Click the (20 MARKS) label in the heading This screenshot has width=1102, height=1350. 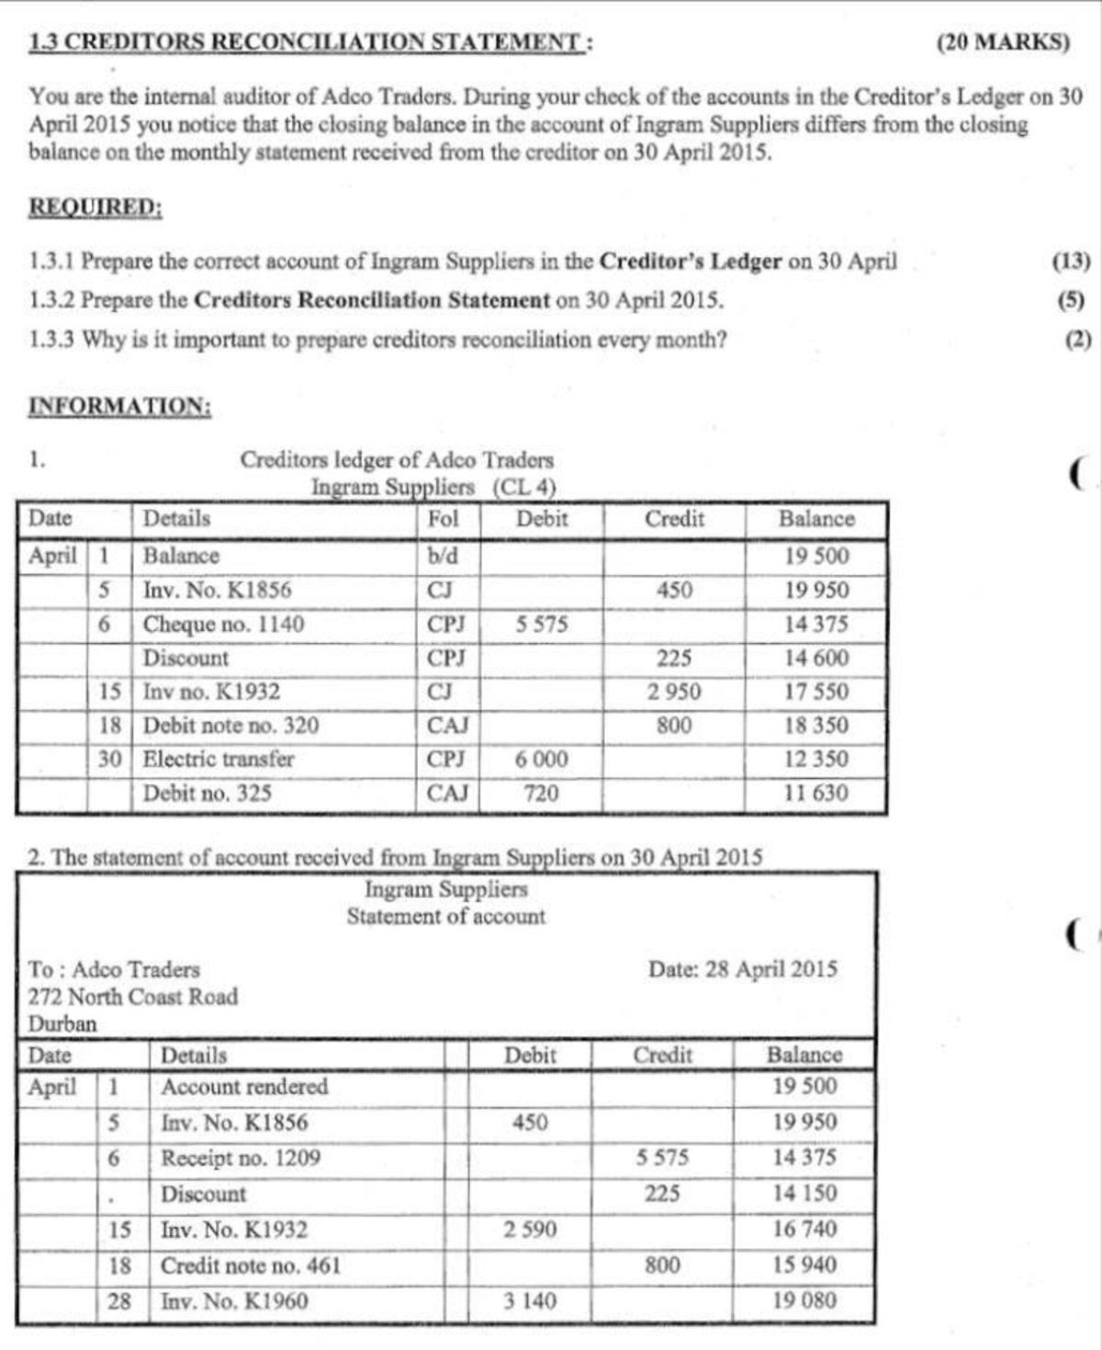1003,42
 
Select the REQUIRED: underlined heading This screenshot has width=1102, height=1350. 96,207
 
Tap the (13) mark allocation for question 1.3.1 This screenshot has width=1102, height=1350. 1071,262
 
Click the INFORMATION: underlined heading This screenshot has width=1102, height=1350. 120,406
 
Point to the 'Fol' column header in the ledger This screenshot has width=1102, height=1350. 443,519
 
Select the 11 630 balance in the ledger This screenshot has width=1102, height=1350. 816,793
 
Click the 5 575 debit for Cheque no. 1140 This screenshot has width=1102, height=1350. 541,624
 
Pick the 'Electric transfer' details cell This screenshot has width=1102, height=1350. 219,759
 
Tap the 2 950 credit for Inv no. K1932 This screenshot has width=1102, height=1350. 674,692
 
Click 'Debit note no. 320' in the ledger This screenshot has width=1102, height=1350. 231,726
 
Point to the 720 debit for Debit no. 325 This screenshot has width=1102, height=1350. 541,793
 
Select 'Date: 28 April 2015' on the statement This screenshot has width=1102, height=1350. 742,970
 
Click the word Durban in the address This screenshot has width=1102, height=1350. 62,1023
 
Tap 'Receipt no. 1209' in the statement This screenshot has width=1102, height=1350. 241,1158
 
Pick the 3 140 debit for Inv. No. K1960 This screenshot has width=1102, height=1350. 530,1300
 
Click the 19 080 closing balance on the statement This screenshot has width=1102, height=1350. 804,1300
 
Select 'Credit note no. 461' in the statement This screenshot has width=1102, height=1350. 251,1266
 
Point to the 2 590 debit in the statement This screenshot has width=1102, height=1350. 530,1230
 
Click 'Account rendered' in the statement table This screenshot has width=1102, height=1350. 244,1086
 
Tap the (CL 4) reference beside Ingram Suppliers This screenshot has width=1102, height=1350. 524,487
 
